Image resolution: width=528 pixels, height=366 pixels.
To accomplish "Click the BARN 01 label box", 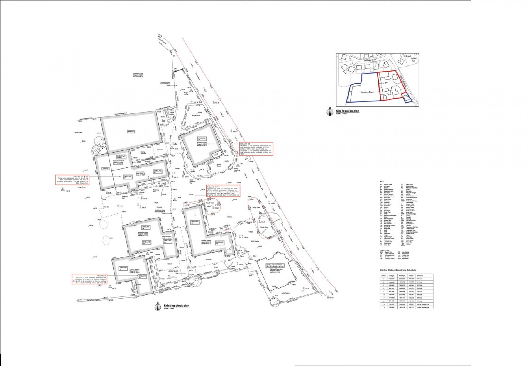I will [x=131, y=132].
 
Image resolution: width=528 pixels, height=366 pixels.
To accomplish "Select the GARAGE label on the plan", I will [x=105, y=169].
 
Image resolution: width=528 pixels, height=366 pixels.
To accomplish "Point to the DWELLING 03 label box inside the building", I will [x=202, y=139].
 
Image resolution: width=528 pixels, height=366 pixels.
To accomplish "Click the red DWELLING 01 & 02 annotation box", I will [x=72, y=180].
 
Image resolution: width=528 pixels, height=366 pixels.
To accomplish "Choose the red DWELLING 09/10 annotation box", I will [x=223, y=191].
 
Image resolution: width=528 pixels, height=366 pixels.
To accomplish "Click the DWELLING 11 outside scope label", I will [x=275, y=265].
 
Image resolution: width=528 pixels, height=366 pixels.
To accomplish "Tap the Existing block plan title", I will [x=176, y=306].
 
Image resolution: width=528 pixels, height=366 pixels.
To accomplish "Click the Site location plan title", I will [x=347, y=111].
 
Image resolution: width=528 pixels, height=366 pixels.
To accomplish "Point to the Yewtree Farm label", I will [x=368, y=92].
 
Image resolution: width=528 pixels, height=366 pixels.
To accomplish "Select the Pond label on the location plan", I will [x=408, y=56].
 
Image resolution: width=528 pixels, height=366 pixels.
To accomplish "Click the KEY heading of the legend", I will [x=382, y=182].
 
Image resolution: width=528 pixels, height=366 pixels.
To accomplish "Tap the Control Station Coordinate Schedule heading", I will [x=398, y=270].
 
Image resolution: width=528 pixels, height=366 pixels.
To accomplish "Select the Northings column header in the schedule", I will [x=402, y=276].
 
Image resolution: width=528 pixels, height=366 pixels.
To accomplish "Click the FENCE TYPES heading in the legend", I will [x=384, y=250].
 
